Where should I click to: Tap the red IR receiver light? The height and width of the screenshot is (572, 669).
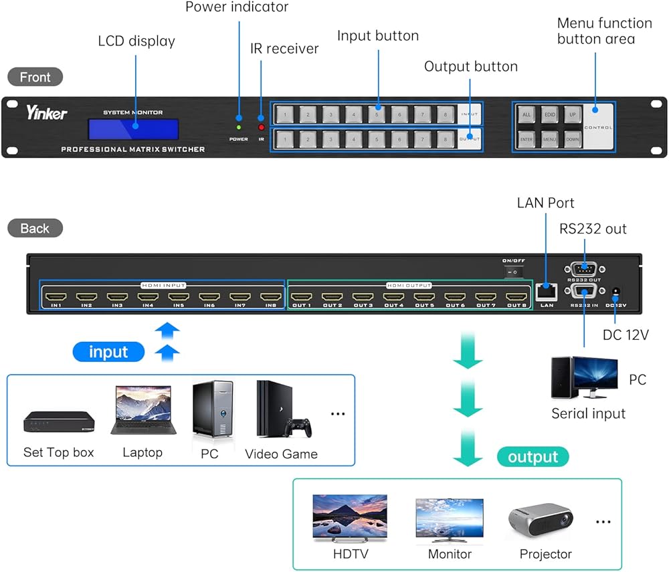[x=262, y=127]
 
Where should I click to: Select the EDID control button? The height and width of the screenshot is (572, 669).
[x=549, y=115]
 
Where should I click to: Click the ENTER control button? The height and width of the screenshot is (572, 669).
[x=527, y=140]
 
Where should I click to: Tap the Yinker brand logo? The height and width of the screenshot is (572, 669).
[x=47, y=113]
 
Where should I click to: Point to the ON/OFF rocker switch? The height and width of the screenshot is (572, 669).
[x=512, y=272]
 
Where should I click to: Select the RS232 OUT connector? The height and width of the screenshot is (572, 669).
[x=584, y=268]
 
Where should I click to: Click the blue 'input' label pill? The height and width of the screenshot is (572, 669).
[x=108, y=352]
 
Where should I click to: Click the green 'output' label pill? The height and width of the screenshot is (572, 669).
[x=533, y=457]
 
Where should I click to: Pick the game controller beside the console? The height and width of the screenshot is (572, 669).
[x=298, y=426]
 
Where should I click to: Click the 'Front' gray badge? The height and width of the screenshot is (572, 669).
[x=35, y=77]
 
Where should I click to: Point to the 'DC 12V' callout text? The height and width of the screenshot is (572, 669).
[x=626, y=335]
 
